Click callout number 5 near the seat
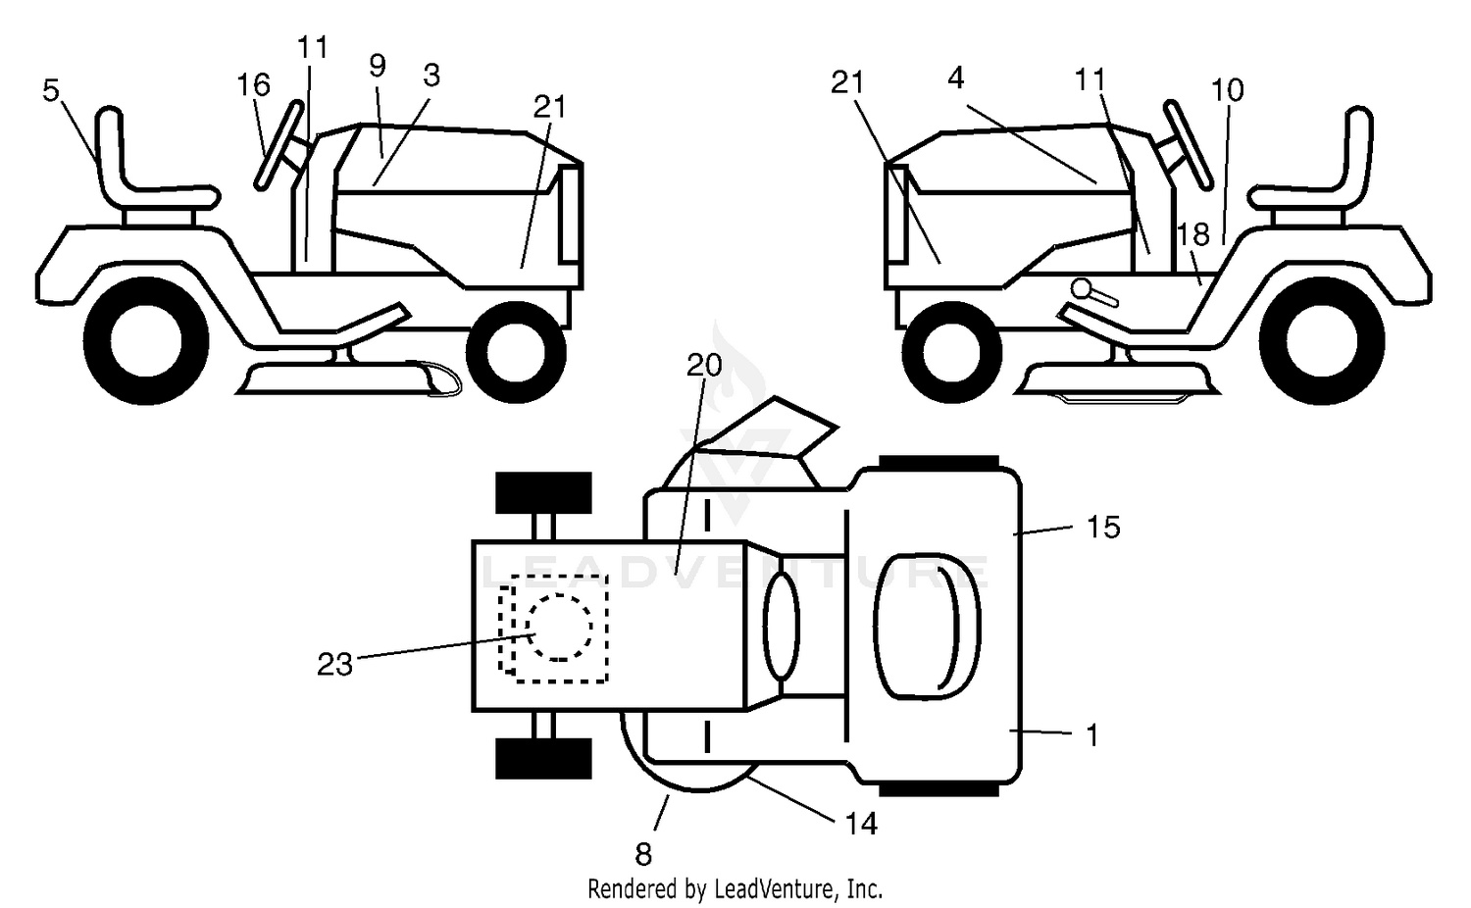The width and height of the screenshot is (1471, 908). click(x=51, y=90)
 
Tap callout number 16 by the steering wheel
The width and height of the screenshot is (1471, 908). click(x=253, y=84)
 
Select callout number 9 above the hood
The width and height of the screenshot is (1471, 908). click(x=377, y=65)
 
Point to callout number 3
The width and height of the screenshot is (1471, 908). click(x=431, y=76)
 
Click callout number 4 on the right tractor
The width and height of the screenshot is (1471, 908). click(x=956, y=78)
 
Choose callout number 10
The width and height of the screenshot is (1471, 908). click(x=1227, y=90)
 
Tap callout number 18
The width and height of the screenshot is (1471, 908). click(x=1193, y=233)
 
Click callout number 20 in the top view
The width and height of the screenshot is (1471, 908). click(x=704, y=365)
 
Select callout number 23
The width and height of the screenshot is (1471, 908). click(x=335, y=665)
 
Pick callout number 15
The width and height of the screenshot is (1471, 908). click(x=1103, y=528)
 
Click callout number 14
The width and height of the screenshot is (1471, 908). click(x=860, y=824)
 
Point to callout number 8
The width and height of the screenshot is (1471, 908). click(x=643, y=854)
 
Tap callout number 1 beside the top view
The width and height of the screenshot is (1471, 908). click(x=1092, y=735)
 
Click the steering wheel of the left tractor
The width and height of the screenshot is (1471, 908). click(x=279, y=145)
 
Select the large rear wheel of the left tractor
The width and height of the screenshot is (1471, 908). click(x=146, y=341)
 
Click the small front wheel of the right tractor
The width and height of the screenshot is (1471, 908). click(x=951, y=353)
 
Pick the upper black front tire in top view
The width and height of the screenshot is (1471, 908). click(x=543, y=492)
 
